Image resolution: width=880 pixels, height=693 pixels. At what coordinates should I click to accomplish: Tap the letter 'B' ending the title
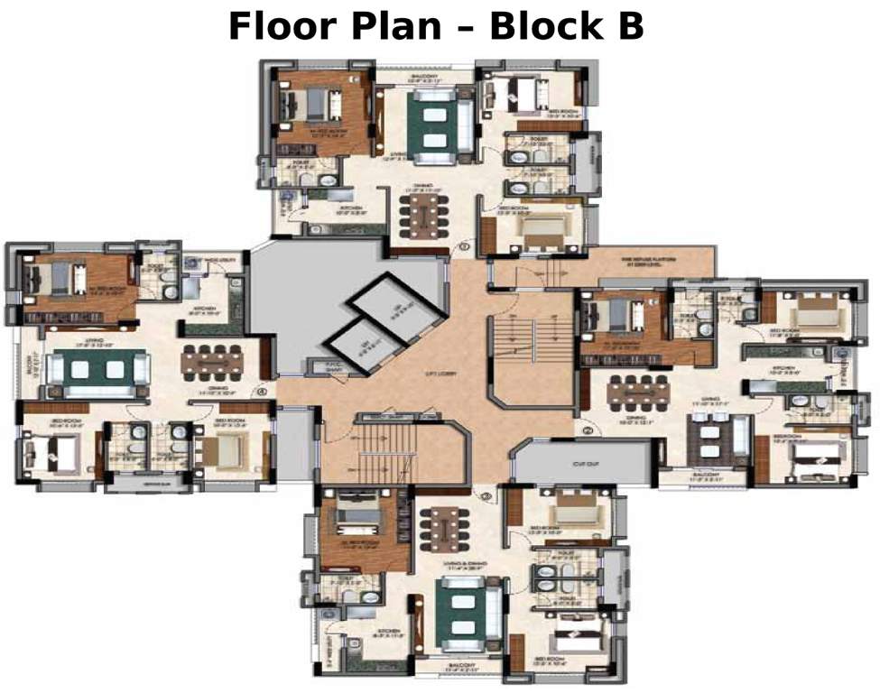630,26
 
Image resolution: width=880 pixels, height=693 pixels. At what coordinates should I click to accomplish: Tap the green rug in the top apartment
426,124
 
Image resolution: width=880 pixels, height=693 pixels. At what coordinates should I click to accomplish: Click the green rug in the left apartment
98,369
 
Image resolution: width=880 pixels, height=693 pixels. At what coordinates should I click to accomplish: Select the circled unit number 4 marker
262,392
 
